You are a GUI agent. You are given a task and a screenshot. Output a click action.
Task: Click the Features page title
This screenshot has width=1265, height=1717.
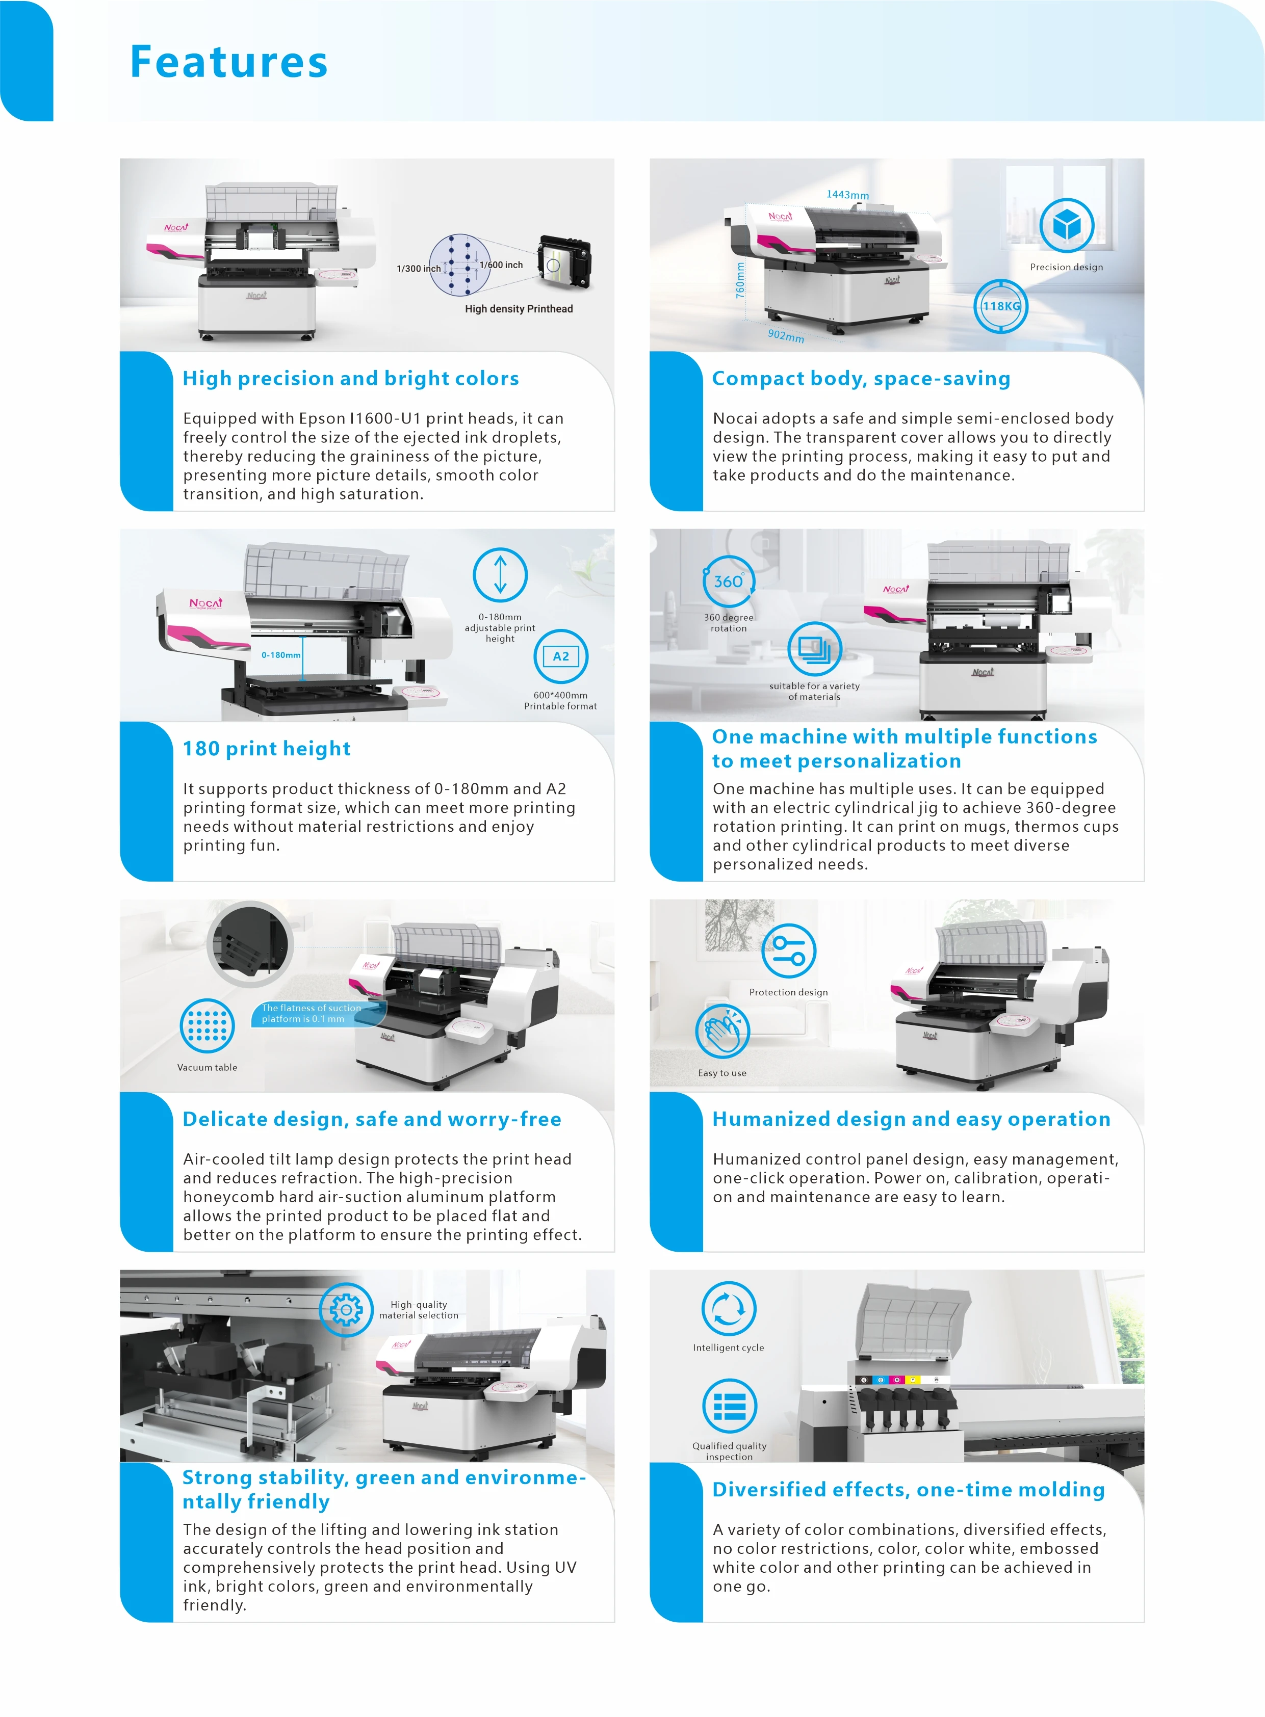click(228, 63)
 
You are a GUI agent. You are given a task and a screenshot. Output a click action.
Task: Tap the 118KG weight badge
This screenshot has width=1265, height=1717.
click(1001, 306)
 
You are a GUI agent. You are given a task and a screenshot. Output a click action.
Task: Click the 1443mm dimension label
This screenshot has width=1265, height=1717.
click(847, 195)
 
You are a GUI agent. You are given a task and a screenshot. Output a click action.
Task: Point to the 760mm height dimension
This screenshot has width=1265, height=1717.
click(740, 280)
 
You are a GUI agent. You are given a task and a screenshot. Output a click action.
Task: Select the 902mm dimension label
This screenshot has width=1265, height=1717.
click(786, 336)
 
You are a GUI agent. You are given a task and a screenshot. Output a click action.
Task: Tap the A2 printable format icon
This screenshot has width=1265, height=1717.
click(560, 656)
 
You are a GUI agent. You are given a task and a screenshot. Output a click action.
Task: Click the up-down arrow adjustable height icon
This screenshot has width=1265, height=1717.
click(500, 575)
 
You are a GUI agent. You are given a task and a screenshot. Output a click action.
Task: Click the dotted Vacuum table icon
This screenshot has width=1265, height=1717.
click(206, 1026)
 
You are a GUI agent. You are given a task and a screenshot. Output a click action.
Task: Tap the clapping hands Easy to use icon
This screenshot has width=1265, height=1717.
click(722, 1031)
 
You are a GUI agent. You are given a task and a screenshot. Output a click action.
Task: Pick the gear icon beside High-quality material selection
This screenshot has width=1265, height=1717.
click(346, 1310)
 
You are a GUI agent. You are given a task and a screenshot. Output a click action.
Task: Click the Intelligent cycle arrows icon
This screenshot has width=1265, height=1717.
click(728, 1308)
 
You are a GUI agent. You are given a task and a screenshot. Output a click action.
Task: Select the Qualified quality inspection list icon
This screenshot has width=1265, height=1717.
click(729, 1406)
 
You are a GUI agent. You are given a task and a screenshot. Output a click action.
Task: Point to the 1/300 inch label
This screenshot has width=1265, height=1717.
click(418, 269)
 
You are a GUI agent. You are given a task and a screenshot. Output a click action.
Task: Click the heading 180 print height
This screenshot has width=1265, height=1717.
click(267, 749)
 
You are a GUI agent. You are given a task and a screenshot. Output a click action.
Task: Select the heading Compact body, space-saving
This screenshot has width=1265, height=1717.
click(861, 379)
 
